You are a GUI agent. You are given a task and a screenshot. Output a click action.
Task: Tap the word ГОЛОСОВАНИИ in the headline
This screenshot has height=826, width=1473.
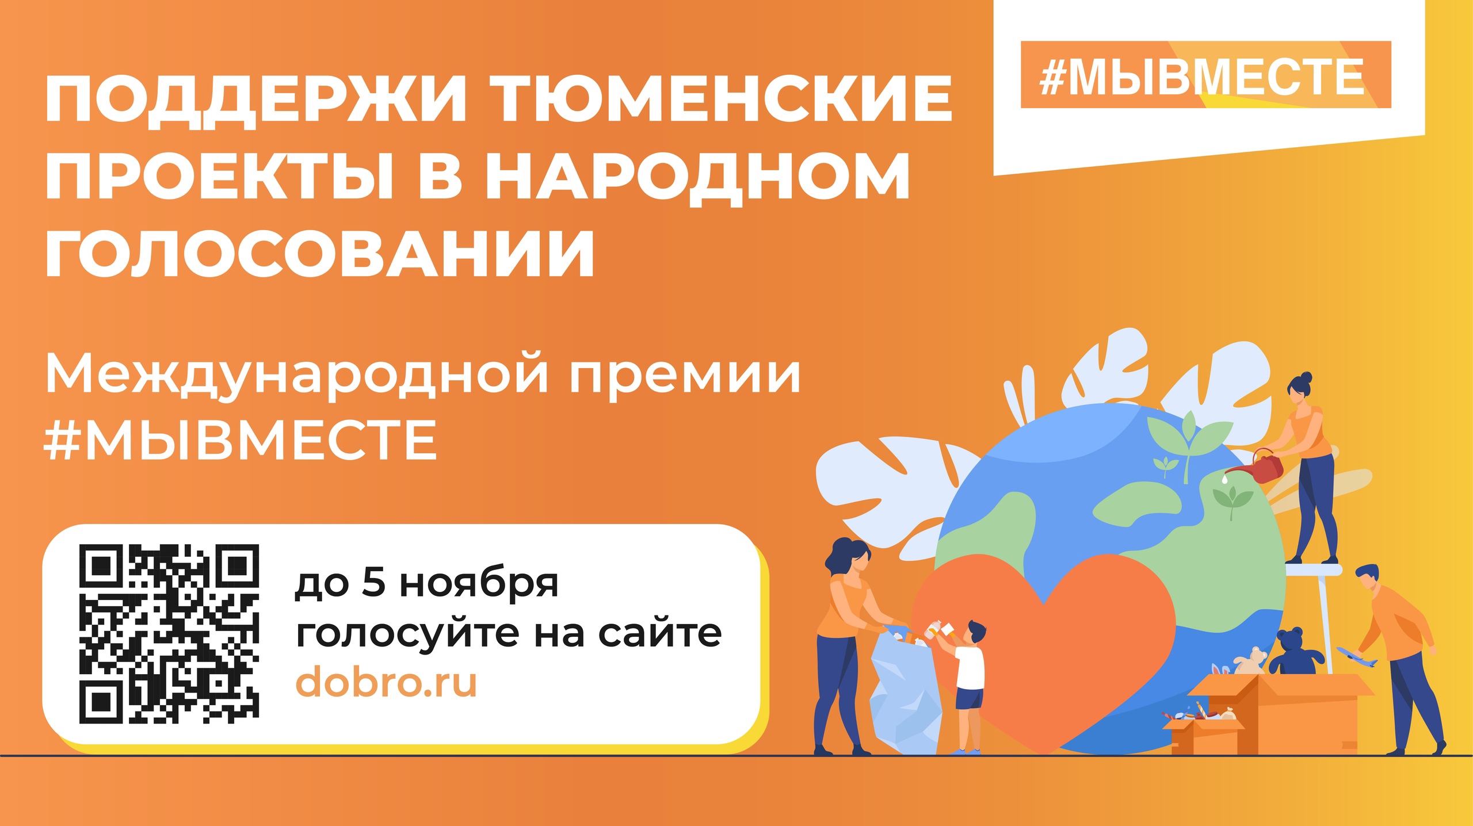(320, 254)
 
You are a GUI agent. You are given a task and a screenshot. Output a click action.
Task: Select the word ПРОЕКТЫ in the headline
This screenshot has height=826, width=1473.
(219, 176)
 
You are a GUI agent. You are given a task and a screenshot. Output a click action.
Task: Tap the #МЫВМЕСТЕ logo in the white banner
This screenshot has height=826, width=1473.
(1205, 75)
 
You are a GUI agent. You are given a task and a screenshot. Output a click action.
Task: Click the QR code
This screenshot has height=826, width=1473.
(169, 633)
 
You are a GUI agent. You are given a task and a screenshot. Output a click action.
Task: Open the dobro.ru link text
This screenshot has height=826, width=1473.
(386, 682)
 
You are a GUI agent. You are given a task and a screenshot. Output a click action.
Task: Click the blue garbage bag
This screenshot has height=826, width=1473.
(903, 696)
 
